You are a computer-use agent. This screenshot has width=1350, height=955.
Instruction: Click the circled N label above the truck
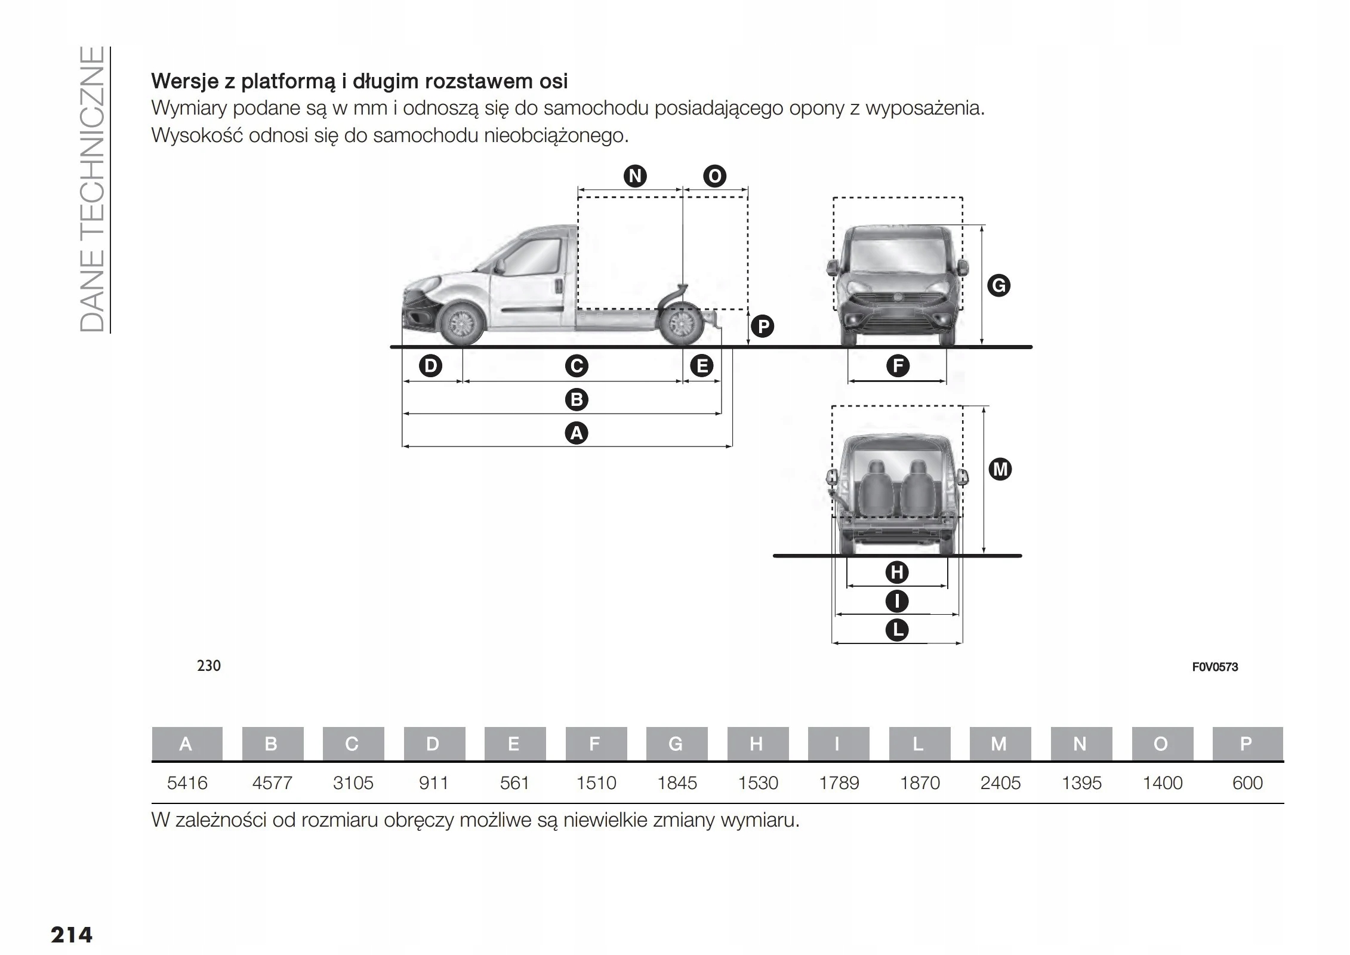click(635, 176)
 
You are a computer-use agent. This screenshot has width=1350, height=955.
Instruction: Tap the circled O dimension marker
click(714, 176)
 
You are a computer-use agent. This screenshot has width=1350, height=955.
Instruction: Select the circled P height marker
click(762, 326)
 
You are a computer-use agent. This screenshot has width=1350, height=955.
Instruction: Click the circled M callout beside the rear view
click(1000, 469)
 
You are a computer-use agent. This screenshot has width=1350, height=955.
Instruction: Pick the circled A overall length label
click(576, 433)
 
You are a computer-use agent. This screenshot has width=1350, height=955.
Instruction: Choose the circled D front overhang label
click(430, 366)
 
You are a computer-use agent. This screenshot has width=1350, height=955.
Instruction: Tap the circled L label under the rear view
click(896, 630)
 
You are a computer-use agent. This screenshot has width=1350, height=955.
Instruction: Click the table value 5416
click(187, 783)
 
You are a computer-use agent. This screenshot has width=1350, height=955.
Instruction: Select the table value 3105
click(353, 783)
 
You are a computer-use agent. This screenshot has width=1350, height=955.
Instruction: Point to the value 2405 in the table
click(1000, 783)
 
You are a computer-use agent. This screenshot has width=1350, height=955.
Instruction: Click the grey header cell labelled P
click(1247, 744)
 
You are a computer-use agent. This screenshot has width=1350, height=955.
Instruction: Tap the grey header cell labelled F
click(595, 744)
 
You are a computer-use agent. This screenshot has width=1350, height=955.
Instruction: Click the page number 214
click(72, 934)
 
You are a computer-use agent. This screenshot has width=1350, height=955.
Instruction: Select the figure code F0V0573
click(1215, 667)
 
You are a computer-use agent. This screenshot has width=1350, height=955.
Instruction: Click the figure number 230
click(209, 666)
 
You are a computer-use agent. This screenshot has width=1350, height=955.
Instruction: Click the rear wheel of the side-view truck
click(681, 325)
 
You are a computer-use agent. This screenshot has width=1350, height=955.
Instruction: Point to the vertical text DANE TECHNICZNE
click(93, 189)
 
